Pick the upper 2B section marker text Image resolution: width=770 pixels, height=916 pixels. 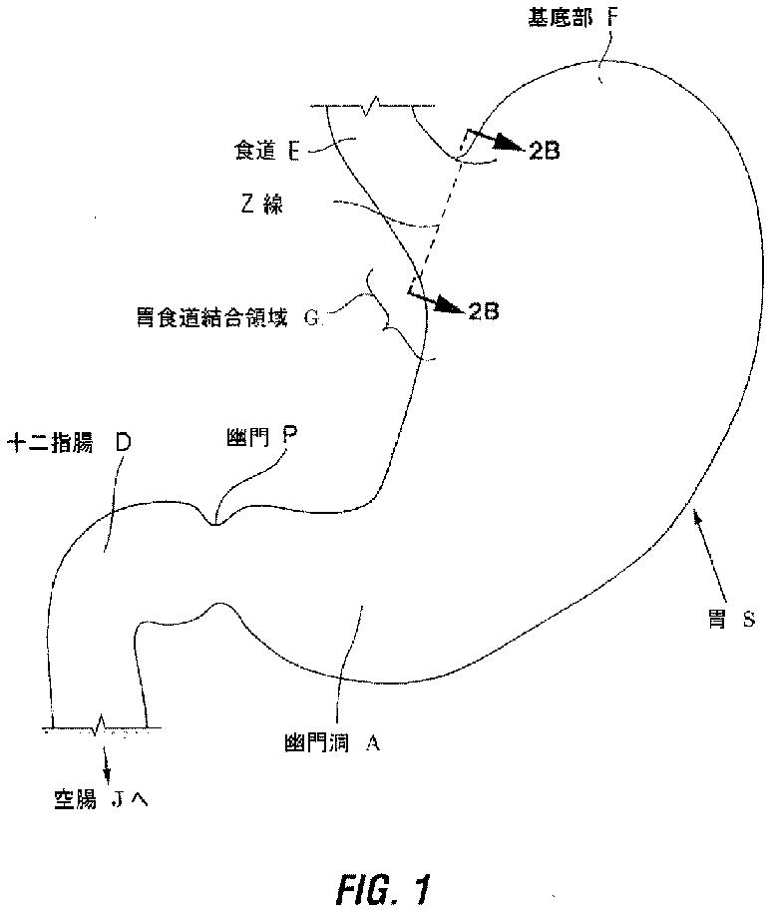[545, 151]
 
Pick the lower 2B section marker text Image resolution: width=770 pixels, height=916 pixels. [483, 311]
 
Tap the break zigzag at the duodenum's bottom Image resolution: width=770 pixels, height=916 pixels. [97, 725]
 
